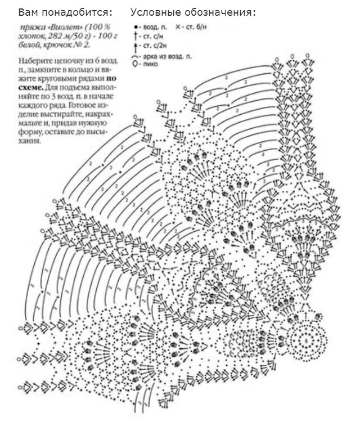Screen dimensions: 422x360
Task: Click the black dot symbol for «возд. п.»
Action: [135, 27]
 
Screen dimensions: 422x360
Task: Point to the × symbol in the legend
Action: [178, 27]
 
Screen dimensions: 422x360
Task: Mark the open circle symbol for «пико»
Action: [135, 64]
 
